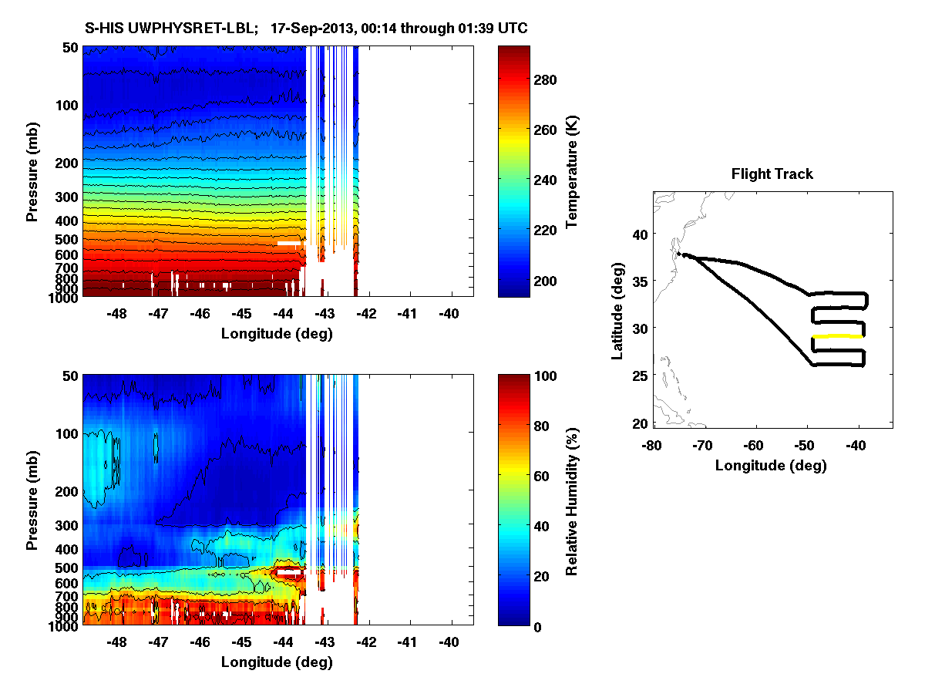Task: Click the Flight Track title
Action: tap(772, 174)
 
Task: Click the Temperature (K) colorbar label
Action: tap(573, 171)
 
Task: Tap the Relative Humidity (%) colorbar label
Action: tap(573, 500)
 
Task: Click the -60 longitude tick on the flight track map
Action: tap(754, 446)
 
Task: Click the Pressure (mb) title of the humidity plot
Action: tap(32, 500)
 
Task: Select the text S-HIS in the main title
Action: tap(102, 29)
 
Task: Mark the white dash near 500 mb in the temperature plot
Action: tap(288, 243)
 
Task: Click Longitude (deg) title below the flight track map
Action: tap(771, 465)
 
